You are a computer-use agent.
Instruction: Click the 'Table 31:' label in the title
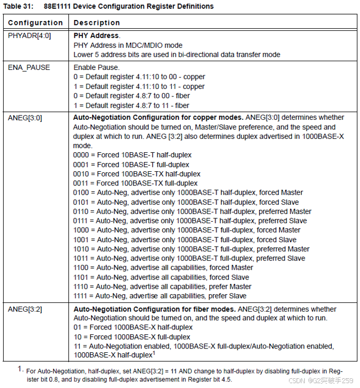pyautogui.click(x=19, y=7)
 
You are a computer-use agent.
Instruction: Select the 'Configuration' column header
pyautogui.click(x=35, y=23)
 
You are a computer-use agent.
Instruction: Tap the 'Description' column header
pyautogui.click(x=97, y=23)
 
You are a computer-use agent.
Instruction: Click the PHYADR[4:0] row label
pyautogui.click(x=28, y=35)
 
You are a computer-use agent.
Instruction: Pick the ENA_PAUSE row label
pyautogui.click(x=29, y=68)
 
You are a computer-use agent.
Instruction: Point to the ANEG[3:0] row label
pyautogui.click(x=25, y=118)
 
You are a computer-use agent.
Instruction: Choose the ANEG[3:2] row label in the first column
pyautogui.click(x=25, y=309)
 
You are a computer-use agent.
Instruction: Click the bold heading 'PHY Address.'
pyautogui.click(x=97, y=35)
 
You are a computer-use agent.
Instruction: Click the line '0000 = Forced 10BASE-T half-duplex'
pyautogui.click(x=132, y=155)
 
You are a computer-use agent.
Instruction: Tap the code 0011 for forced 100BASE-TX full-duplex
pyautogui.click(x=81, y=183)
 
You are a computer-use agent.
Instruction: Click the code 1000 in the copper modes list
pyautogui.click(x=81, y=230)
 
